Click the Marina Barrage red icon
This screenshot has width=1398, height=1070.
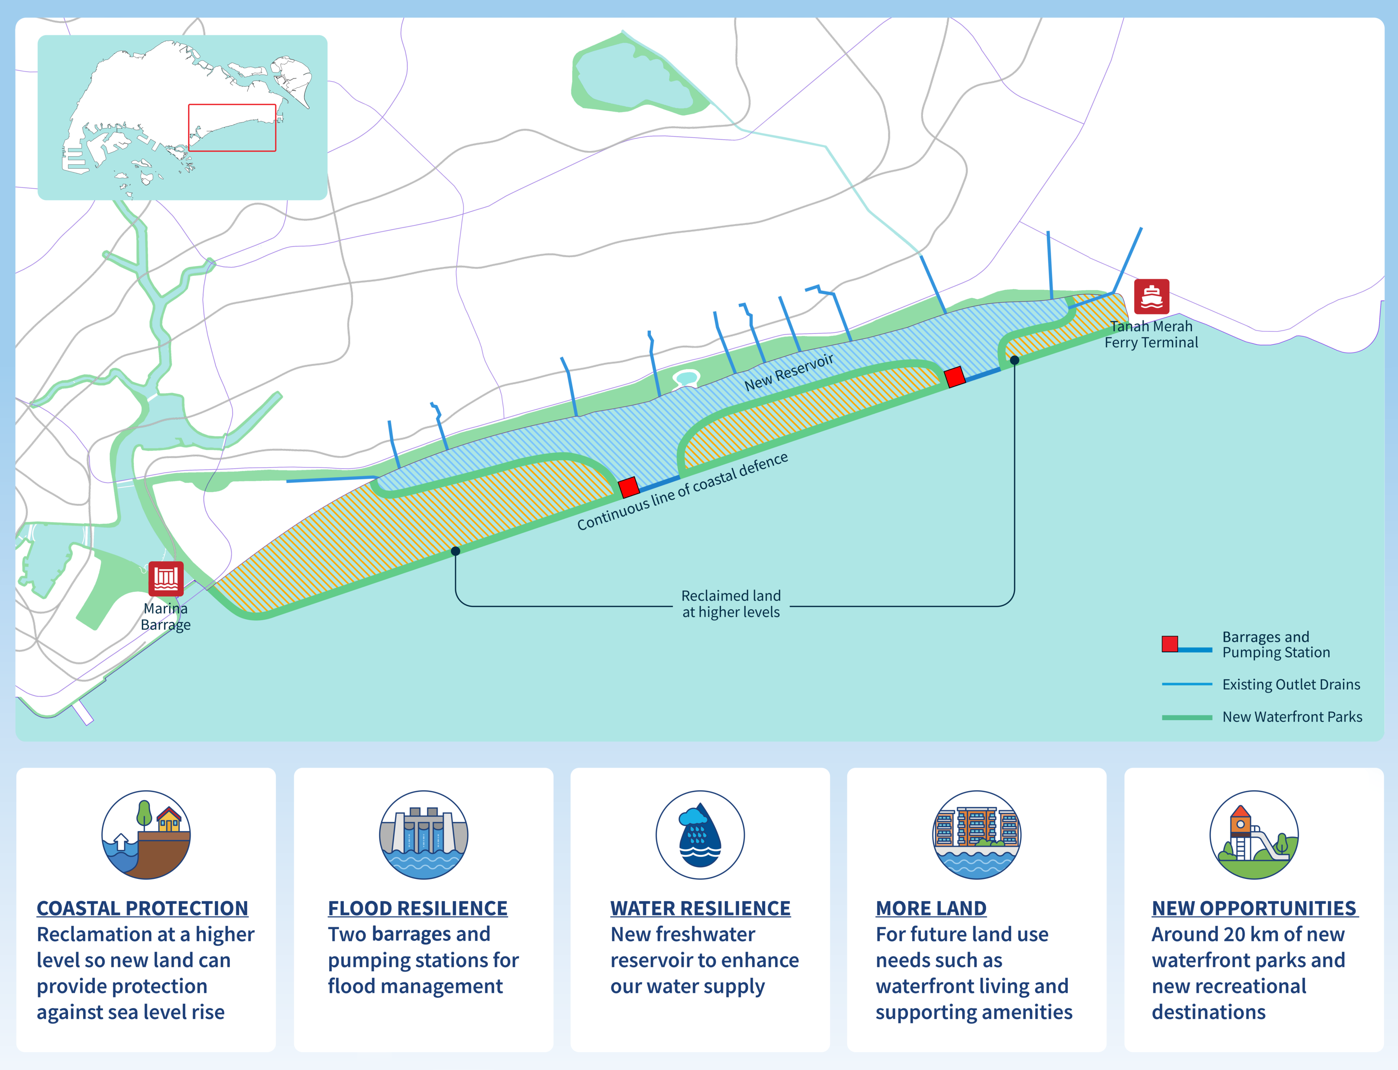pyautogui.click(x=166, y=578)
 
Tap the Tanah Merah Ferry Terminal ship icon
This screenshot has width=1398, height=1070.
pyautogui.click(x=1152, y=297)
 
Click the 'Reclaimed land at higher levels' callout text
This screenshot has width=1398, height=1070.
pyautogui.click(x=731, y=604)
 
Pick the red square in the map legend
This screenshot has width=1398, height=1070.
pyautogui.click(x=1170, y=644)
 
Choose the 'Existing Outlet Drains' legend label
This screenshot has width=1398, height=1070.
pyautogui.click(x=1291, y=685)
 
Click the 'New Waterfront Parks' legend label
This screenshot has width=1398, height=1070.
pyautogui.click(x=1292, y=717)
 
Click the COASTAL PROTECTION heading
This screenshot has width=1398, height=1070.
pyautogui.click(x=142, y=908)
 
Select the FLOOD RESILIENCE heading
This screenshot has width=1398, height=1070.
pyautogui.click(x=418, y=908)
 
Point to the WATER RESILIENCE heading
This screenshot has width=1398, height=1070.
pyautogui.click(x=701, y=908)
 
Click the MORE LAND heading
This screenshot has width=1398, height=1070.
pyautogui.click(x=931, y=908)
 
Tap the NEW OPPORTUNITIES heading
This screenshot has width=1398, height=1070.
pyautogui.click(x=1255, y=908)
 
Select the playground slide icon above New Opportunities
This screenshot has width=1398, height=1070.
pyautogui.click(x=1254, y=835)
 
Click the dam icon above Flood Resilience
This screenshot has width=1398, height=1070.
pyautogui.click(x=424, y=835)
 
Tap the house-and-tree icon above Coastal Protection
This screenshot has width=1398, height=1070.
pyautogui.click(x=146, y=835)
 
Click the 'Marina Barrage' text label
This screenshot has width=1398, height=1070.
pyautogui.click(x=166, y=617)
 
